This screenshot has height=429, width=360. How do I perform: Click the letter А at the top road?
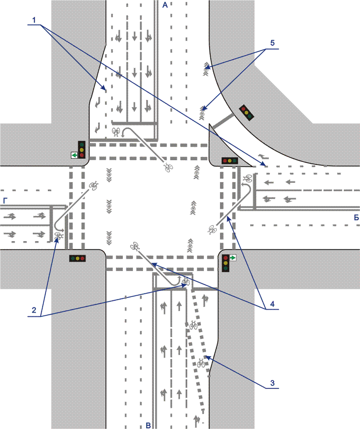(165, 5)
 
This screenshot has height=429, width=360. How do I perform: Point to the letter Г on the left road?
(5, 201)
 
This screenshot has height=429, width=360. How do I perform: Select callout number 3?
(272, 382)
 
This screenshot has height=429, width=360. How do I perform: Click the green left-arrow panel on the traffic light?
(74, 155)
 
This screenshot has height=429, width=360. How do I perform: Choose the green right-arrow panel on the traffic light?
(232, 258)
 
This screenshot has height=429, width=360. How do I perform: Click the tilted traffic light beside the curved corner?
(246, 112)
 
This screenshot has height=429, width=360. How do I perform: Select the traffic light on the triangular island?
(230, 160)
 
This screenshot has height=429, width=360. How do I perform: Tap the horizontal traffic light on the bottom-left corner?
(78, 258)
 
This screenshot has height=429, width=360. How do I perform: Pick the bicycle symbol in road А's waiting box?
(116, 133)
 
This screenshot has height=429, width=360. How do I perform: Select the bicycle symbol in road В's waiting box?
(186, 282)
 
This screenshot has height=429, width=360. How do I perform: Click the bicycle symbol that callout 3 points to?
(201, 362)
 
